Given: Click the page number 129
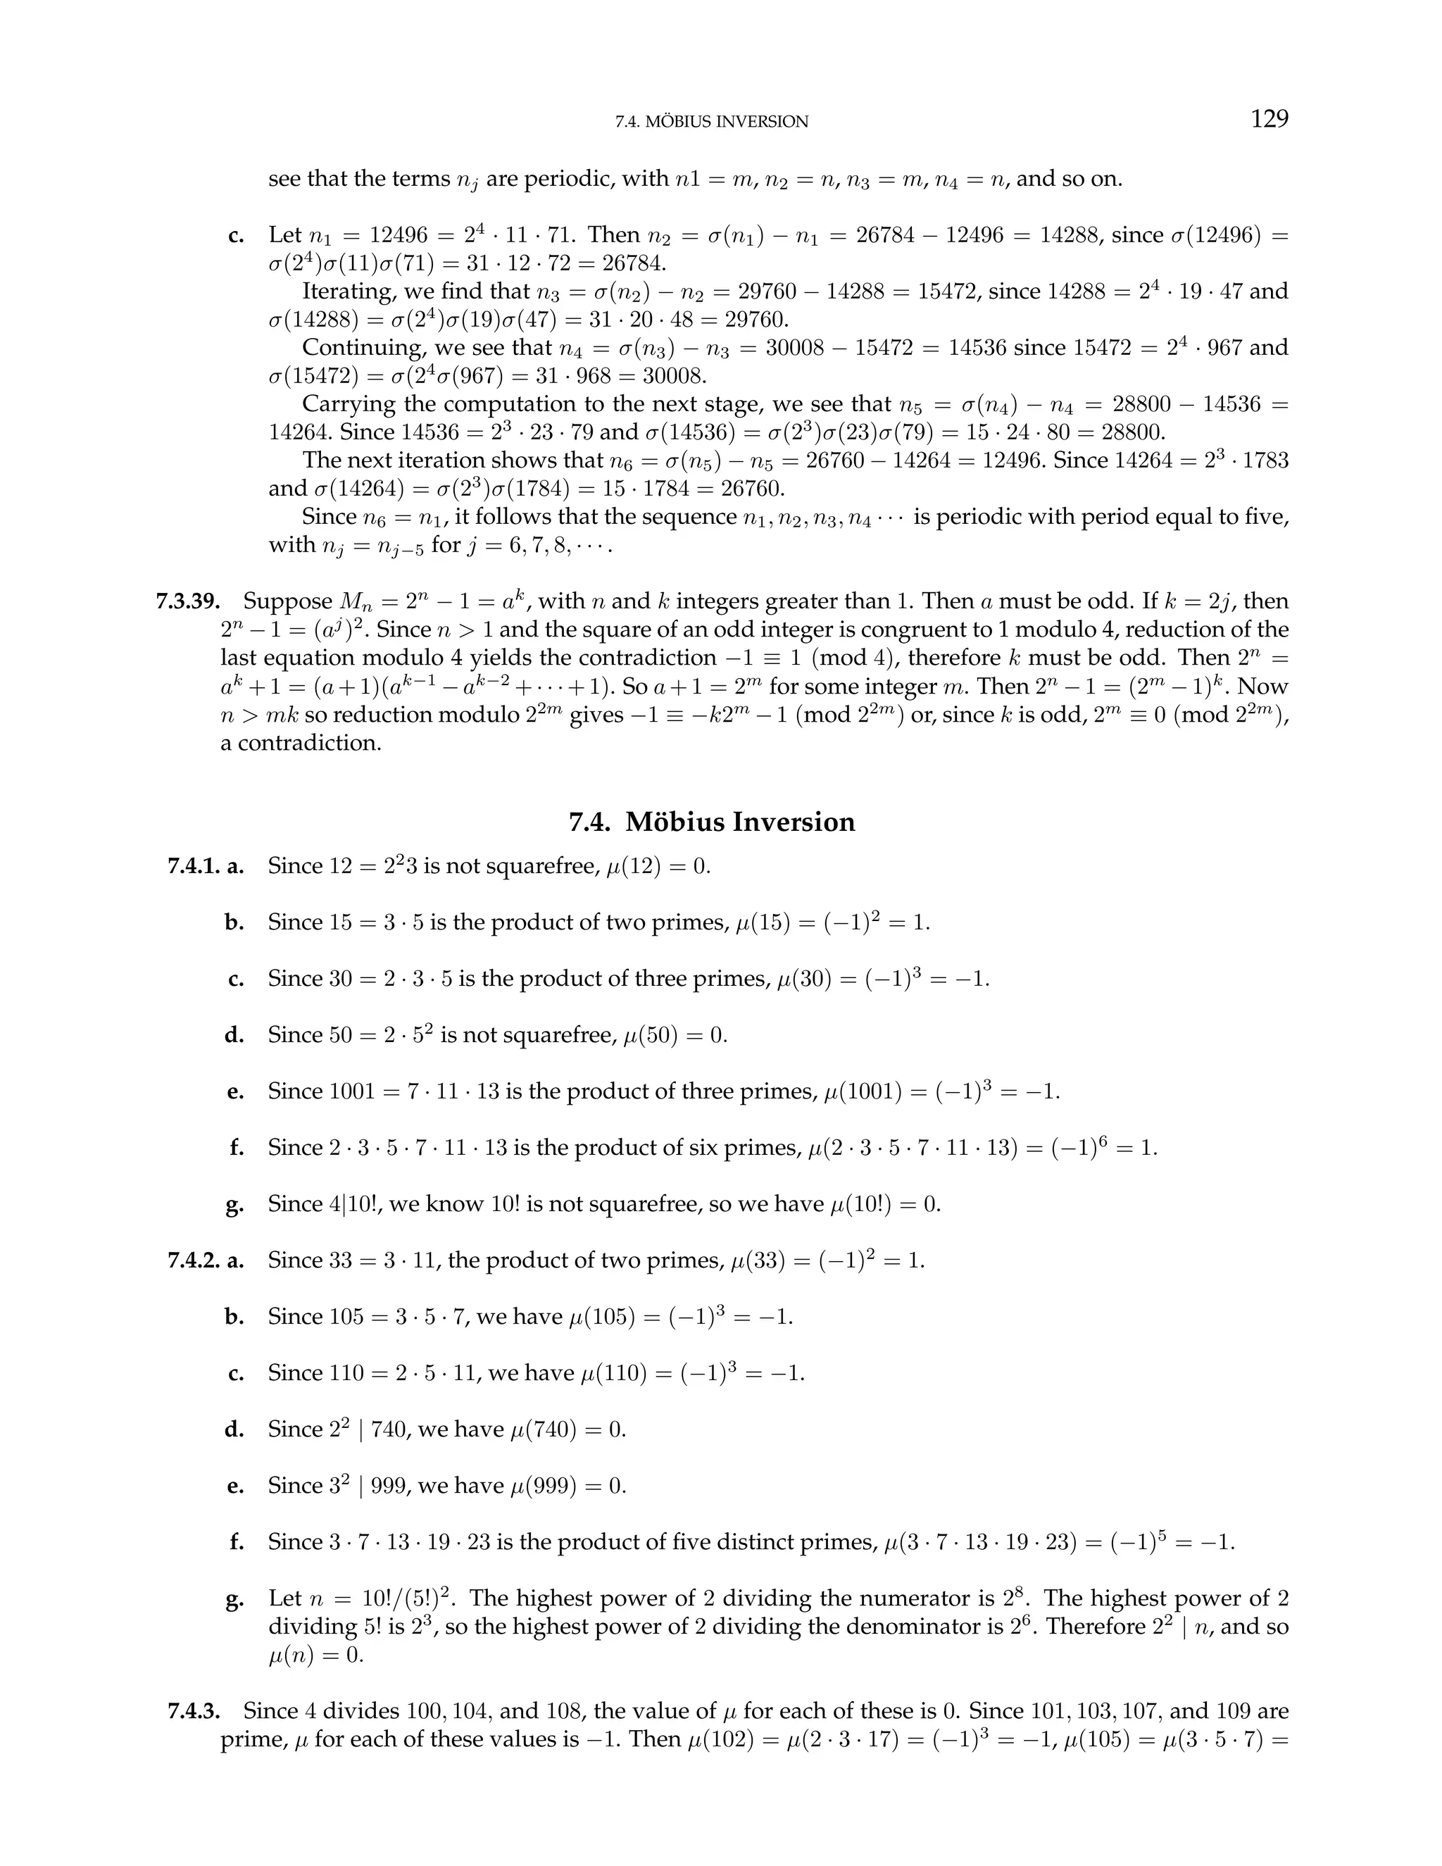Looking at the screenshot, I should [x=1269, y=119].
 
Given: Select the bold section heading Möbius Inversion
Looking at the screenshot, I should [x=740, y=822].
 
